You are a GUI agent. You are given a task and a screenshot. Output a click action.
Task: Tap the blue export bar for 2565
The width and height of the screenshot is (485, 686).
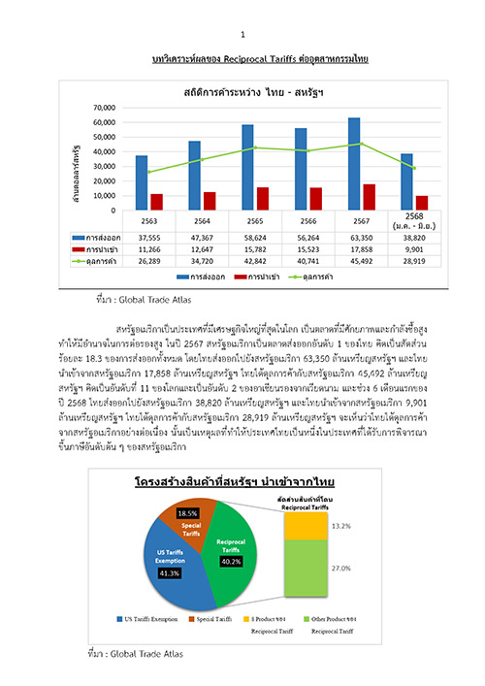247,167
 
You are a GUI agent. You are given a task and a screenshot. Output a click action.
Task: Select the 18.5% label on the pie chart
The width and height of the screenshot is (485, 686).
189,512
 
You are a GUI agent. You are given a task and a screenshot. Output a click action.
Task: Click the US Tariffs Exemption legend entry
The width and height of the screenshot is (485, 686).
151,617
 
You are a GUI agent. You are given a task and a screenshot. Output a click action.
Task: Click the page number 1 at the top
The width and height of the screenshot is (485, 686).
242,9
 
